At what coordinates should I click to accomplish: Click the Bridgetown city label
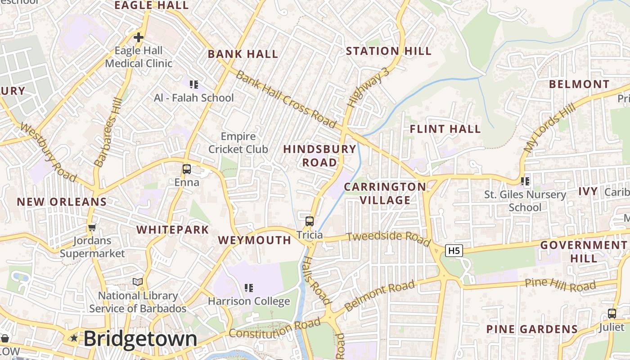tap(140, 339)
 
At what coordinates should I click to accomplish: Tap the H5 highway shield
tap(454, 251)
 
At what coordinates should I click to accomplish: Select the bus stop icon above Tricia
tap(310, 221)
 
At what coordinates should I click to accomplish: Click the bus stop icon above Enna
tap(186, 169)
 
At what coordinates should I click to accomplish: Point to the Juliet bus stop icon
tap(612, 314)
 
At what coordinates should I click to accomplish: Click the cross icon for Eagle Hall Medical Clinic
tap(138, 37)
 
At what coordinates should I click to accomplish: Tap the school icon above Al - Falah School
tap(194, 85)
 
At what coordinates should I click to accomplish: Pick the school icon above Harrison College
tap(248, 288)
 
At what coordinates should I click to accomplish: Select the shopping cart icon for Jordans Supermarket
tap(92, 227)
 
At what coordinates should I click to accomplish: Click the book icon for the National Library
tap(138, 282)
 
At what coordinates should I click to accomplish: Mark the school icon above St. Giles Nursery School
tap(525, 181)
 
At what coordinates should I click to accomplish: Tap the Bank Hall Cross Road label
tap(286, 99)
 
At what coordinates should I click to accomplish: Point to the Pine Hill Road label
tap(560, 284)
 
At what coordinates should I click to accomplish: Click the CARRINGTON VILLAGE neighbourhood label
tap(385, 193)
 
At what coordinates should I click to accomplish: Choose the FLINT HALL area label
tap(445, 129)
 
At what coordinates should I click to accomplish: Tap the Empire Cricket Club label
tap(238, 143)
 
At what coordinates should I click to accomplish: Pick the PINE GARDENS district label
tap(531, 329)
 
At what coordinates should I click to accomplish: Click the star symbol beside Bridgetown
tap(74, 338)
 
